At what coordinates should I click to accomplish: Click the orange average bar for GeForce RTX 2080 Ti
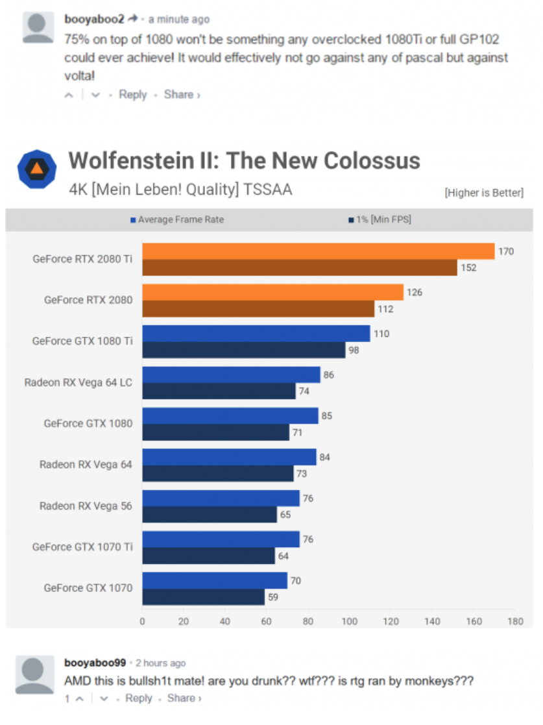point(319,251)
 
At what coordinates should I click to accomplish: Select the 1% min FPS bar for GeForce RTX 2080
point(258,309)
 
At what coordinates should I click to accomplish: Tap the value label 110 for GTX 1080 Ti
point(381,334)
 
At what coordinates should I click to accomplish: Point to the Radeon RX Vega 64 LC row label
point(78,382)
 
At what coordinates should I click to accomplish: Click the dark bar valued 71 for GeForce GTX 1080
point(216,432)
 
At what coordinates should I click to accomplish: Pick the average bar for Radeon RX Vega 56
point(221,498)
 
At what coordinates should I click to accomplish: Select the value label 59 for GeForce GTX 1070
point(273,597)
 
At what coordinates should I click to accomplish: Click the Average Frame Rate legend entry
point(178,219)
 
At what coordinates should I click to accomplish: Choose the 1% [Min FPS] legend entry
point(380,219)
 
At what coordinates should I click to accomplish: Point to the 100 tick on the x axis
point(350,621)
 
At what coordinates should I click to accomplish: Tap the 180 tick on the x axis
point(515,621)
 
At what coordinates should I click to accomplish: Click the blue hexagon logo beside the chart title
point(37,169)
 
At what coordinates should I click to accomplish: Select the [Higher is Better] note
point(484,193)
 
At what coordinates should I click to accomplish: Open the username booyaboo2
point(94,19)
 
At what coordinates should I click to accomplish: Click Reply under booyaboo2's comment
point(132,94)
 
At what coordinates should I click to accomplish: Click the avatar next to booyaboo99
point(34,674)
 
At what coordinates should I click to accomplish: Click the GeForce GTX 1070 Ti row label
point(82,547)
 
